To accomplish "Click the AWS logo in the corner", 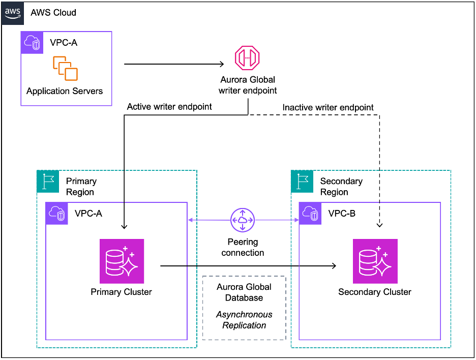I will pos(12,12).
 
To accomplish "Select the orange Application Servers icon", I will pos(65,68).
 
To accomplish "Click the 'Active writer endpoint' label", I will pos(169,107).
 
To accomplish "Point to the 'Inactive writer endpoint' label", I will pos(328,107).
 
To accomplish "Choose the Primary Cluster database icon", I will pos(122,261).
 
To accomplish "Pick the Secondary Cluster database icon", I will pos(375,261).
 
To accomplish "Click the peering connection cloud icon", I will pos(243,220).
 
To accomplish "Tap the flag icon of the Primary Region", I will pos(48,181).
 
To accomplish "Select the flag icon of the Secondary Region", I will pos(302,181).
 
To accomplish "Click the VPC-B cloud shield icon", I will pos(310,214).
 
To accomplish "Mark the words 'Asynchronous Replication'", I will pos(244,320).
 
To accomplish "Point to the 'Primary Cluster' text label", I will pos(121,292).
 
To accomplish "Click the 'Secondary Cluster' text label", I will pos(375,292).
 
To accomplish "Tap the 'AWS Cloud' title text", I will pos(53,12).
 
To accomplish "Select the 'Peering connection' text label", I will pos(243,247).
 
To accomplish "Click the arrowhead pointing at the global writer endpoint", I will pos(221,64).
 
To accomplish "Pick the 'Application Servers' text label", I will pos(65,91).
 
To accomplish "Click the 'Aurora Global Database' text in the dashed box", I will pos(244,292).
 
